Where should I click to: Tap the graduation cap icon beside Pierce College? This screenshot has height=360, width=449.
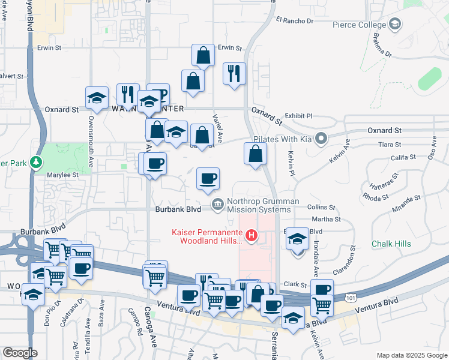click(395, 24)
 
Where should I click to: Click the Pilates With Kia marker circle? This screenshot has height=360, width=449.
click(322, 139)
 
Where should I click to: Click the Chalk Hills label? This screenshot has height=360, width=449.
click(391, 244)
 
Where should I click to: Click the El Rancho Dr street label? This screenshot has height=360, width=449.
click(295, 20)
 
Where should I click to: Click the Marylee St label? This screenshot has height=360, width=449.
click(63, 175)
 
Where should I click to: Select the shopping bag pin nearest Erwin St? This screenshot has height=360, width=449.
click(203, 55)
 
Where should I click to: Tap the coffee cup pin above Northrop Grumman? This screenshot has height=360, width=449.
click(208, 178)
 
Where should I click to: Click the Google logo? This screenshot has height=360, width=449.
click(20, 353)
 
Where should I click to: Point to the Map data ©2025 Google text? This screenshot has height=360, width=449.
click(411, 355)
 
